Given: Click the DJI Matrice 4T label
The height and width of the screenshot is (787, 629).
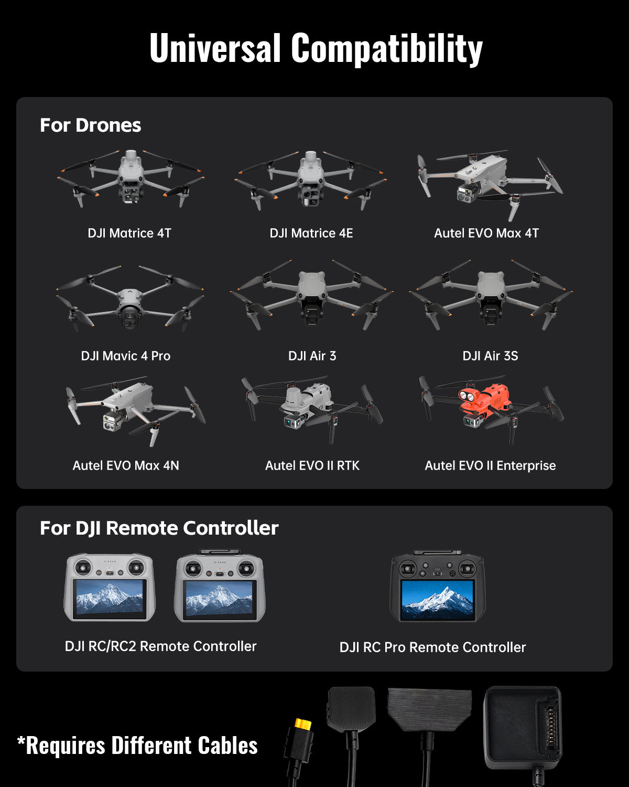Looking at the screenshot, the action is point(129,233).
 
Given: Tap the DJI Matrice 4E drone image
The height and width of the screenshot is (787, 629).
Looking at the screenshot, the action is point(311,179).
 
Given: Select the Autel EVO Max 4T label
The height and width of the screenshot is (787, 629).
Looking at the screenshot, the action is point(486,233).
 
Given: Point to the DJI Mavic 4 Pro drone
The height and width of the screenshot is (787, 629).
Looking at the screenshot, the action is point(129,298).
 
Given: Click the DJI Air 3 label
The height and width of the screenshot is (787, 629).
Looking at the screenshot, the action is point(312,356).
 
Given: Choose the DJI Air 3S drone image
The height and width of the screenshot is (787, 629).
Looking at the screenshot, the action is point(491,295).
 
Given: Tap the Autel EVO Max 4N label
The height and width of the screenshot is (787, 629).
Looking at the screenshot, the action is point(126,465).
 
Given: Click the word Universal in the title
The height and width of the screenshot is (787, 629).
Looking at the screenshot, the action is point(215,48).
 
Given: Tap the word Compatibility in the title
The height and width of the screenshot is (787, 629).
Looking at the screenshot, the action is point(387,49).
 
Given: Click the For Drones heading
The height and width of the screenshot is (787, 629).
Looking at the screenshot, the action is point(90,125).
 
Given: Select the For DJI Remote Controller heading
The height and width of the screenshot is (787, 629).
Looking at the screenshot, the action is point(159,528).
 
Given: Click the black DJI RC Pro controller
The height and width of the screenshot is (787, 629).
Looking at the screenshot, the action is point(438,586).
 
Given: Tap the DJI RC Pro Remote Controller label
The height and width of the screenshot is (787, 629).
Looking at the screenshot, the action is point(433,647).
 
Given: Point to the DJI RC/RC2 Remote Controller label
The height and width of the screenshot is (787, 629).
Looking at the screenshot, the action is point(160,646).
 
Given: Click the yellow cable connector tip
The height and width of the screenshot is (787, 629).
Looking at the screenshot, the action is point(303,724).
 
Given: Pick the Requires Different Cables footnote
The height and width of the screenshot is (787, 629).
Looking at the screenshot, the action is point(137,746).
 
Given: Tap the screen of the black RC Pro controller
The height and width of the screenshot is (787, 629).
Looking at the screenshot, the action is point(438,599).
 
